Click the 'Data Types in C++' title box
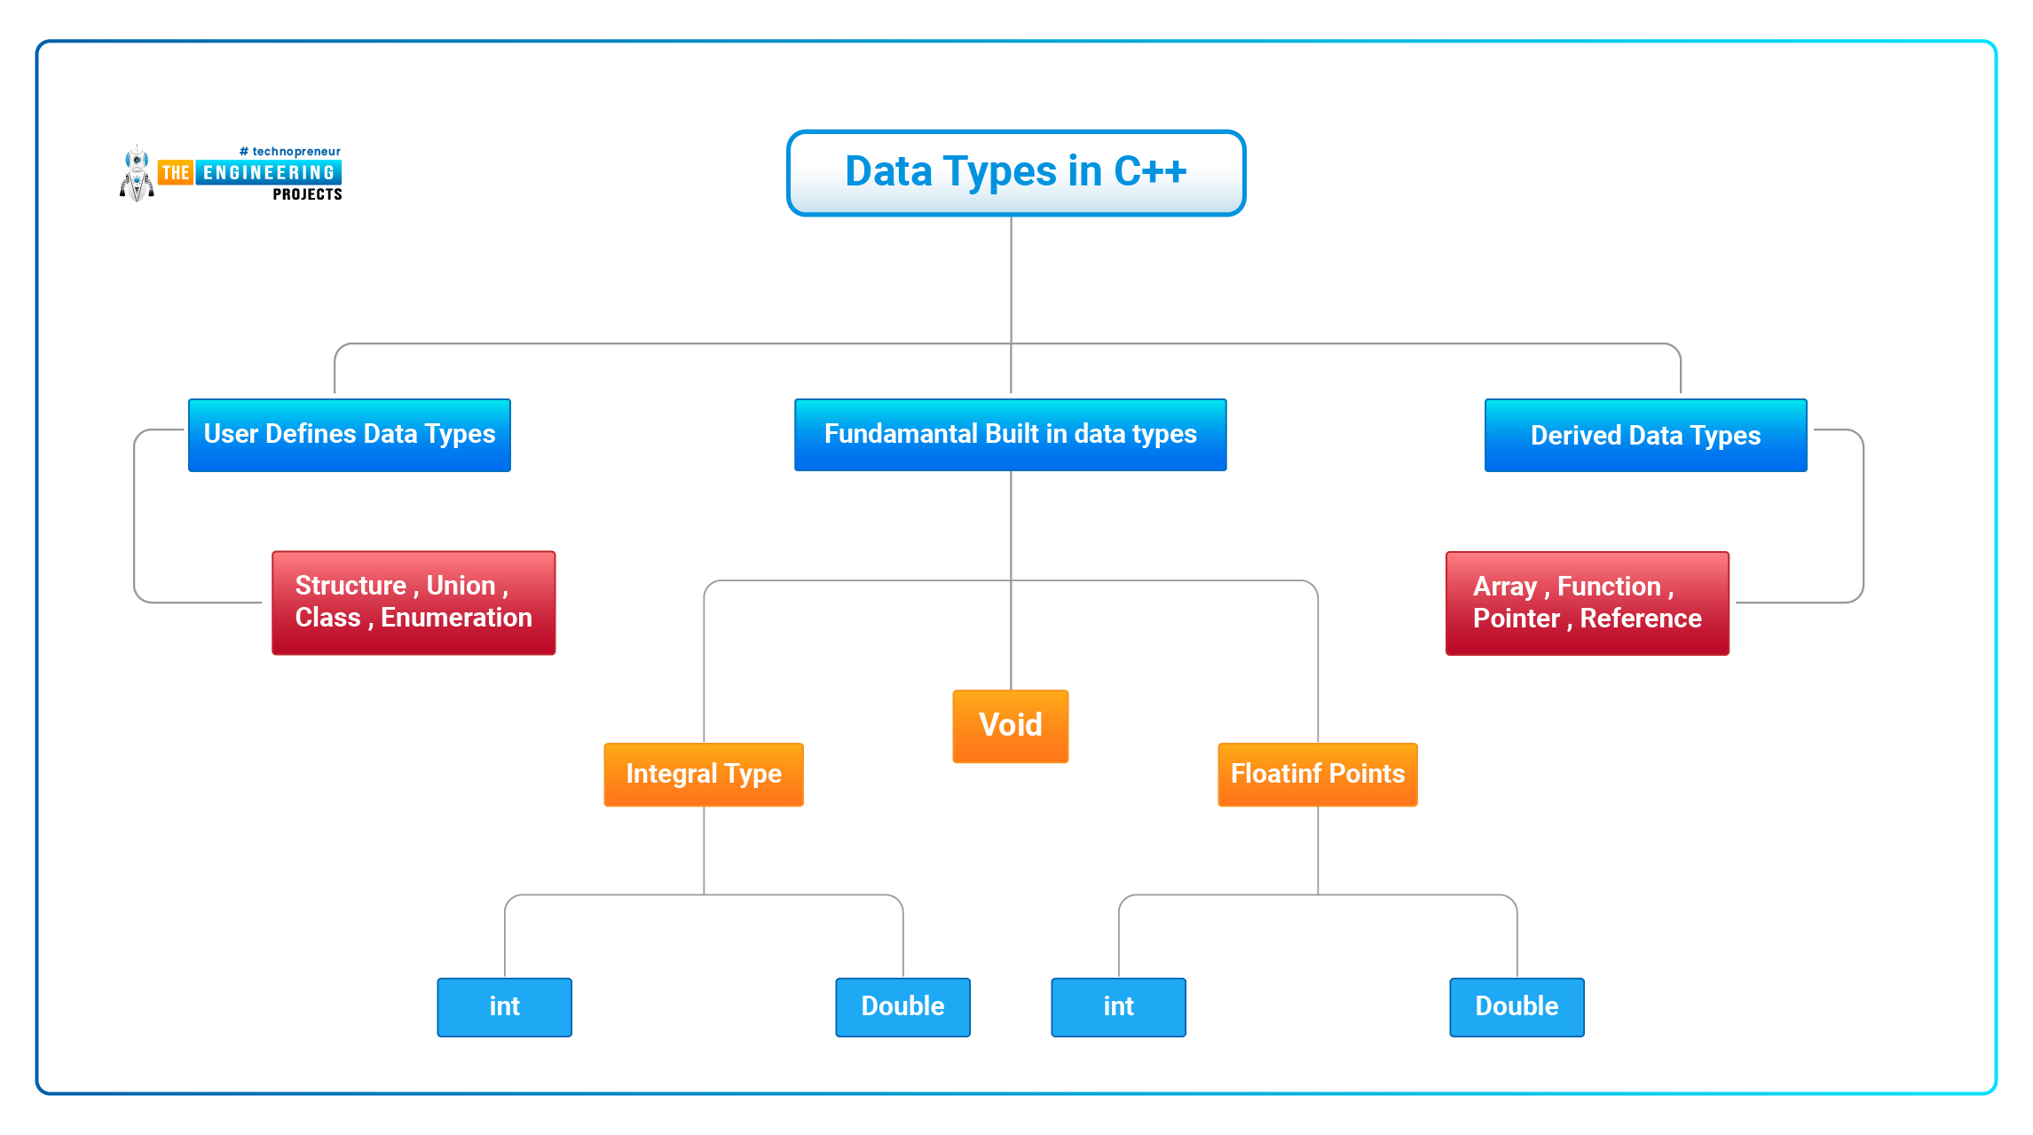1016,173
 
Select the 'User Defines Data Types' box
350,435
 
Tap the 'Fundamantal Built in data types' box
1011,435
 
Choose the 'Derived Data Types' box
1646,435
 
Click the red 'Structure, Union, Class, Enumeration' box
414,603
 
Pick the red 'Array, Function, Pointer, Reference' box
1588,603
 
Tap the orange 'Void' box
1011,726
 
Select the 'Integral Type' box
704,775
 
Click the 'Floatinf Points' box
1318,775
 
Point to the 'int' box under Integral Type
505,1007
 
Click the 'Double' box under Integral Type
903,1007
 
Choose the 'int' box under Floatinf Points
1119,1007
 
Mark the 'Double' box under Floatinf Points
1517,1007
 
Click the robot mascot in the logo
137,174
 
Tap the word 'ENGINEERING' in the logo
269,173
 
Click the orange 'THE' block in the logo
176,173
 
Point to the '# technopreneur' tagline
290,152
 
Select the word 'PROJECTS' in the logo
307,194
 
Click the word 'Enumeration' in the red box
457,618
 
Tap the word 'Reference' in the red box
1641,619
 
